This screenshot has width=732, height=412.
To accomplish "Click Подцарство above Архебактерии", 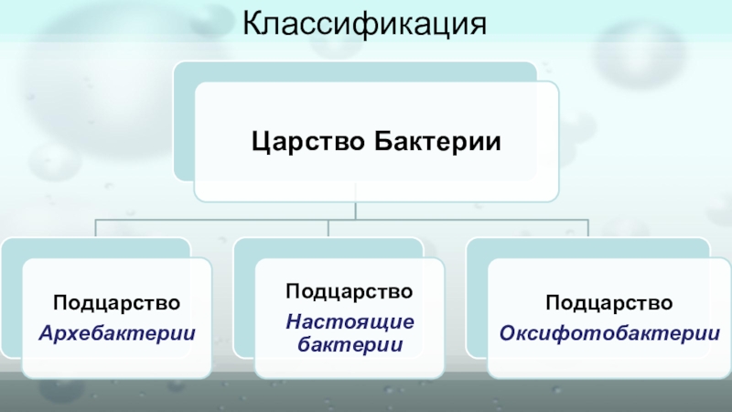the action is pos(116,302).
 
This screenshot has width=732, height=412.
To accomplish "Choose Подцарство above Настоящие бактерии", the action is pos(350,292).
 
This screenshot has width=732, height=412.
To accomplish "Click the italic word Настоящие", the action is pos(350,321).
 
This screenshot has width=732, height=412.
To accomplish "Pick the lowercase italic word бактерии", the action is pos(350,344).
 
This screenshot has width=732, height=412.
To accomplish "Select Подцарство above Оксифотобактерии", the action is pos(609,302).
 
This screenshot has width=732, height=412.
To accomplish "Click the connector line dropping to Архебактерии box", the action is pos(95,228).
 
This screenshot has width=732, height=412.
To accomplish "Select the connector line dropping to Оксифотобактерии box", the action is pos(587,228).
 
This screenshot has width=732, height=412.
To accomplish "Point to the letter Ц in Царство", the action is pos(259,143).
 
